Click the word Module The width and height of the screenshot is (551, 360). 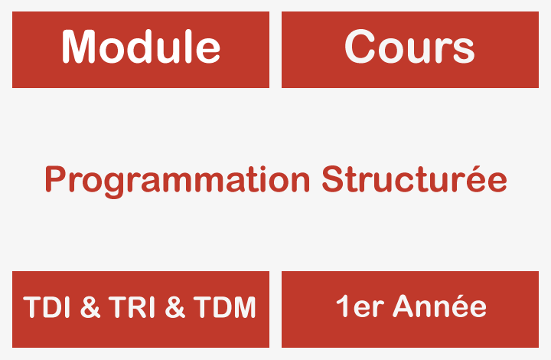[141, 47]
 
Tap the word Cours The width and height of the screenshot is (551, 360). [409, 47]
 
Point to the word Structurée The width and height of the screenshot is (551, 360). [414, 180]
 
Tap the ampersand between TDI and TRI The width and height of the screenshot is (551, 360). [90, 308]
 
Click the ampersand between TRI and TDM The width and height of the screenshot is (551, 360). [176, 308]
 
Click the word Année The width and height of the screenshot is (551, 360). [439, 306]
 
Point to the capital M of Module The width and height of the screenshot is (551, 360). [80, 47]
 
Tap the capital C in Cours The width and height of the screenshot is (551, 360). [360, 47]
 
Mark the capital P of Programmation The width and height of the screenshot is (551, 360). [54, 180]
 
